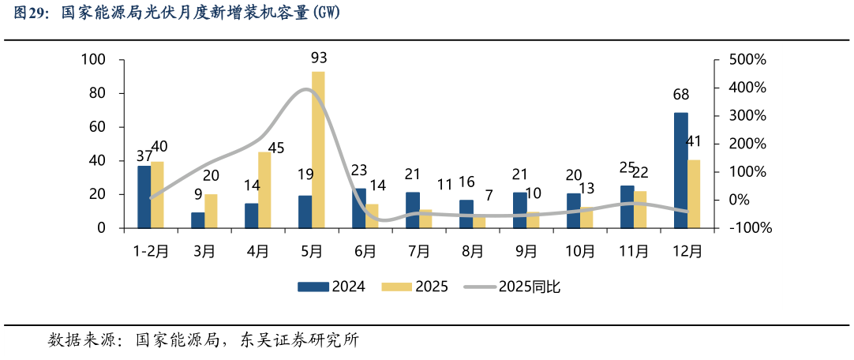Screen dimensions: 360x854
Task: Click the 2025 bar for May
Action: [318, 150]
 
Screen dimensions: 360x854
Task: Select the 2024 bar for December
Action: [680, 171]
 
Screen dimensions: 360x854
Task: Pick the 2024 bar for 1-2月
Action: [144, 197]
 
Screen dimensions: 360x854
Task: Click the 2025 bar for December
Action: [694, 193]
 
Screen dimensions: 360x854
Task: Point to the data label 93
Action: [319, 58]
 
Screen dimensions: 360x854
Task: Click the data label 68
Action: [680, 95]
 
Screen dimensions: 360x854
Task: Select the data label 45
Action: [275, 148]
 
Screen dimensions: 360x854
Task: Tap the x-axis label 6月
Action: [365, 251]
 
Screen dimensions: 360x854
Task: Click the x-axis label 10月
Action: [580, 251]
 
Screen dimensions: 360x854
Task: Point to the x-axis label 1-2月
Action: [150, 251]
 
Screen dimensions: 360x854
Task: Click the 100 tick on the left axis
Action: [94, 60]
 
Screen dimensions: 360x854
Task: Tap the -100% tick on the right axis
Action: [750, 228]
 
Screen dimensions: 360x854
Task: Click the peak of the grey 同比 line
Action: [309, 89]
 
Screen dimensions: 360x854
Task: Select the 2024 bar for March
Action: [197, 220]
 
